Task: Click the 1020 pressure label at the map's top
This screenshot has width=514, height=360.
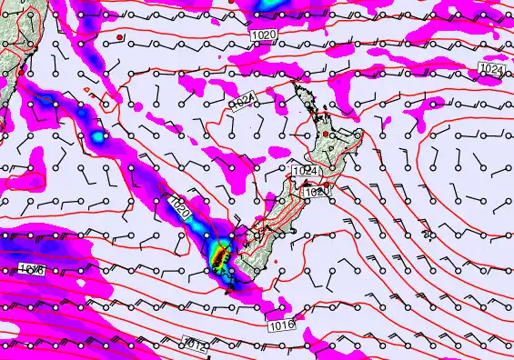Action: pyautogui.click(x=261, y=33)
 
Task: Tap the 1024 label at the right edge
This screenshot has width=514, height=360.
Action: pyautogui.click(x=492, y=69)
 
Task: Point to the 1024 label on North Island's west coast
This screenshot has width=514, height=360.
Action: pyautogui.click(x=305, y=171)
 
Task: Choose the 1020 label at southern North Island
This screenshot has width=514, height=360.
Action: pyautogui.click(x=316, y=192)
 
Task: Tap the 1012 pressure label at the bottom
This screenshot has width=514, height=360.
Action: pyautogui.click(x=194, y=343)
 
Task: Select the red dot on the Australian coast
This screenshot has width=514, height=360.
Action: pyautogui.click(x=20, y=70)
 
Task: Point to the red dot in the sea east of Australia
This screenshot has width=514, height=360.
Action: pyautogui.click(x=120, y=37)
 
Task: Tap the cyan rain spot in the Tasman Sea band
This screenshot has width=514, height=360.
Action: pyautogui.click(x=96, y=137)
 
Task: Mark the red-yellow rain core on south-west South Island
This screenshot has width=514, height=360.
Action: pyautogui.click(x=218, y=257)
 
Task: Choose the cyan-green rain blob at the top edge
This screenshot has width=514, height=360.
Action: pyautogui.click(x=270, y=5)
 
